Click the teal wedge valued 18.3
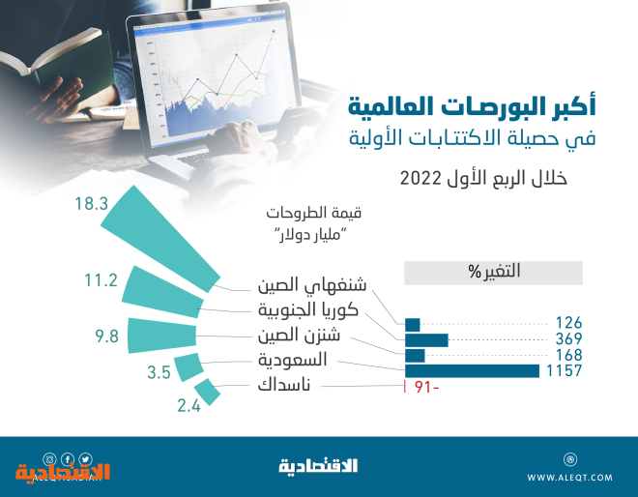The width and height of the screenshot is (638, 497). click(x=160, y=240)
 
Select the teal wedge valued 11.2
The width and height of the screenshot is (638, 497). click(x=162, y=292)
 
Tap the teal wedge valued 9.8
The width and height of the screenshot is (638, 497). click(x=162, y=336)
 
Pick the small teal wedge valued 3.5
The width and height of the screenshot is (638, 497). click(x=188, y=367)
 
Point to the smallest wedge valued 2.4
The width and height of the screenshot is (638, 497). click(x=208, y=392)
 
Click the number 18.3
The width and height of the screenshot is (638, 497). click(x=92, y=203)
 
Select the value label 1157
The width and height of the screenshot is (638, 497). click(x=564, y=371)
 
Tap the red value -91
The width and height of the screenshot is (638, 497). click(x=427, y=387)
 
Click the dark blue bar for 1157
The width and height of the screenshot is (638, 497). click(x=472, y=371)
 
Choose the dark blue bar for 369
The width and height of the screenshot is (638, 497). click(x=426, y=340)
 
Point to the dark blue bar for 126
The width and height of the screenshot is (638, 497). click(x=412, y=325)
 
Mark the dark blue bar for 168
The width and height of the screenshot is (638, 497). click(x=415, y=356)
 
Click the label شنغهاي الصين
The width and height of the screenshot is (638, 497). click(x=312, y=285)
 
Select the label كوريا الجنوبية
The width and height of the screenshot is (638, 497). click(x=308, y=310)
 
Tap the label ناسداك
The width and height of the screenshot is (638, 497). click(x=284, y=385)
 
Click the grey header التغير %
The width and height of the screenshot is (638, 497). click(x=493, y=273)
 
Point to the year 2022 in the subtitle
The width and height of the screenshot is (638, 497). click(x=420, y=178)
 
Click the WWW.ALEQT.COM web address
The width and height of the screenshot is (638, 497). click(x=569, y=478)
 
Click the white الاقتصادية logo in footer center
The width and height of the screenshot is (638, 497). click(x=318, y=466)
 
